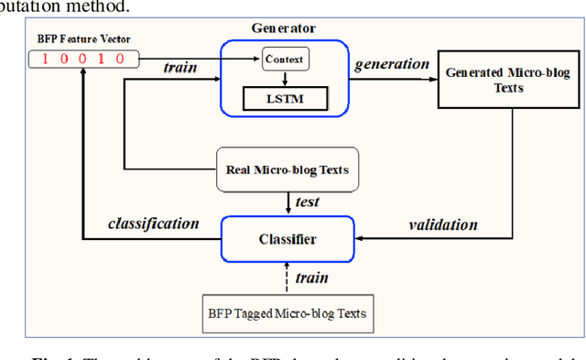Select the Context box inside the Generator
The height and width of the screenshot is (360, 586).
(x=285, y=60)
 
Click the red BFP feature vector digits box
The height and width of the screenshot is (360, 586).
(x=83, y=60)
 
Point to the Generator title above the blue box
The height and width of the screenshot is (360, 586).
(x=284, y=27)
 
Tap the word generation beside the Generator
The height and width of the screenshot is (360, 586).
(x=392, y=64)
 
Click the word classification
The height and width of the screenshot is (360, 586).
(x=154, y=224)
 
